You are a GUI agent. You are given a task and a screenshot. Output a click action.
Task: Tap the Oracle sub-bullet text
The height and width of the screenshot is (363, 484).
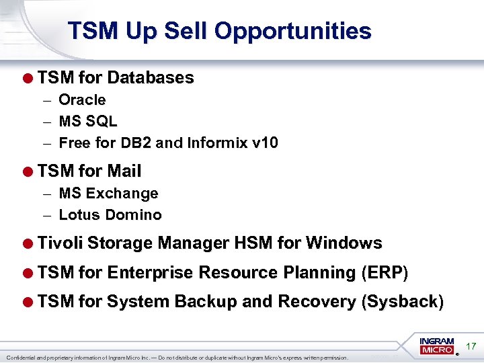point(82,100)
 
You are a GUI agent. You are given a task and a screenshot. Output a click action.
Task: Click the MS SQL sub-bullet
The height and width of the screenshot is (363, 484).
point(88,122)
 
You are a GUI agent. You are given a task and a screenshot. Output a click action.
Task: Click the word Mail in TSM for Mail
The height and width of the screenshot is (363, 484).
point(124,171)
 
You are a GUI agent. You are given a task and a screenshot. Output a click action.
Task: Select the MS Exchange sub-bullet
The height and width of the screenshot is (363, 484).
point(108,194)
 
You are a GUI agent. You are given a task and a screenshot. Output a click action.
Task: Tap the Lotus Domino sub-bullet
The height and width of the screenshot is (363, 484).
point(110,215)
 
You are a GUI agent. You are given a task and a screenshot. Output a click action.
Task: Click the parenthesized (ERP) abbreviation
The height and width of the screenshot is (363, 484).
point(384,273)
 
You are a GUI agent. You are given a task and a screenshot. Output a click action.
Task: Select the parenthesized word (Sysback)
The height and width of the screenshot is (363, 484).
point(402,302)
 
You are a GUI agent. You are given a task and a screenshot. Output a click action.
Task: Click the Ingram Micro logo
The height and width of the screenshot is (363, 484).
point(437,346)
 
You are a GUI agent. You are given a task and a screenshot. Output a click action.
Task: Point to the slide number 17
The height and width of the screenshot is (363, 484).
point(471,346)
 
